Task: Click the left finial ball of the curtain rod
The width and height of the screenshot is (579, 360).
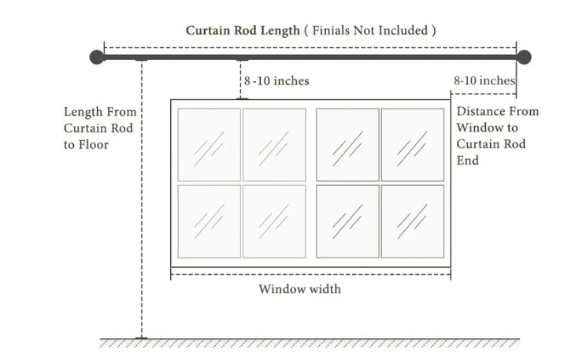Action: (97, 58)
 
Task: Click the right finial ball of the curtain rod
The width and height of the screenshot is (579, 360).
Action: (524, 58)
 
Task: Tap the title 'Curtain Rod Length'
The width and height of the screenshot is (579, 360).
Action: (243, 31)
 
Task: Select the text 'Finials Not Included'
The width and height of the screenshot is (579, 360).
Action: (370, 30)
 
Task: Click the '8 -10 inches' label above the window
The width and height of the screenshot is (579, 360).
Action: (277, 81)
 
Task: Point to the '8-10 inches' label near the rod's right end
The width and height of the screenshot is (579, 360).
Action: (484, 80)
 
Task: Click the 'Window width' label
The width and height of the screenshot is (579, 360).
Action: (300, 289)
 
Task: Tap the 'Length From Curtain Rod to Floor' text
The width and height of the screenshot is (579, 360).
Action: (100, 128)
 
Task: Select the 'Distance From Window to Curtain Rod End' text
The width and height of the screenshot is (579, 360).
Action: (497, 135)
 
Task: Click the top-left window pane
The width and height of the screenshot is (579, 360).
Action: (210, 145)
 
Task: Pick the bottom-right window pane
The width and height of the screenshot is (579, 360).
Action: (413, 221)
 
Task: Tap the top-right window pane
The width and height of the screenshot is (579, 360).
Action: (413, 145)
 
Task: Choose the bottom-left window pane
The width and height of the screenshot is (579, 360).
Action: (210, 221)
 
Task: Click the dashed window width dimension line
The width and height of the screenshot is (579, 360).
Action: (310, 274)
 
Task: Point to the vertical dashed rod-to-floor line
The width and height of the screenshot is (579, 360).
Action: (142, 199)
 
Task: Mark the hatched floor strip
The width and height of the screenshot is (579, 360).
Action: (310, 343)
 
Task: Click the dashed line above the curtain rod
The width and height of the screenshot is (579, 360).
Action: (310, 47)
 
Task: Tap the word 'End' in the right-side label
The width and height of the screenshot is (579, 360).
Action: (467, 161)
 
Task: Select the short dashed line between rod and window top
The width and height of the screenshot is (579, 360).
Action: (241, 80)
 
